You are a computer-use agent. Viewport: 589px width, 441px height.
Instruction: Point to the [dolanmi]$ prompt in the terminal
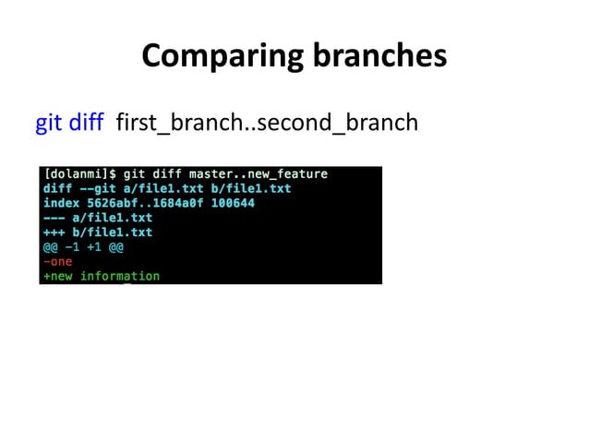(79, 173)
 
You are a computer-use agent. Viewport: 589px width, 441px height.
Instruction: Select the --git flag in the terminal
(99, 188)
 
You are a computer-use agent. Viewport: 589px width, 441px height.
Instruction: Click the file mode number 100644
(233, 203)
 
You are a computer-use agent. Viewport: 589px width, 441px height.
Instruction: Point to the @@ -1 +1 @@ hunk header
(83, 247)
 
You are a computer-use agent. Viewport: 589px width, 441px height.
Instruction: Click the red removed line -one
(57, 261)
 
